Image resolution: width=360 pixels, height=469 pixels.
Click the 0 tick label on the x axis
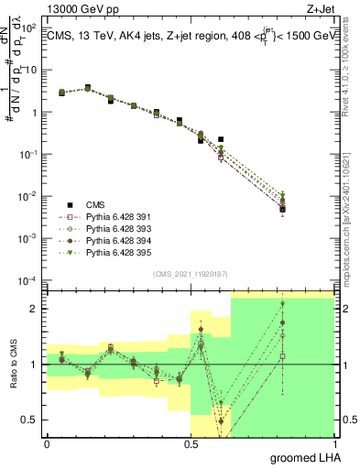click(47, 443)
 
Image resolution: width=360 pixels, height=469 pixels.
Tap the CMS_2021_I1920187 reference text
click(190, 274)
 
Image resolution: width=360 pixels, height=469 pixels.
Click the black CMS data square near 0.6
click(221, 139)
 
